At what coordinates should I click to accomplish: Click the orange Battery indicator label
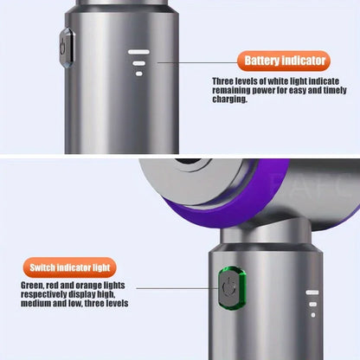click(285, 61)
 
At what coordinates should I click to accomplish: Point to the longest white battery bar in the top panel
click(138, 52)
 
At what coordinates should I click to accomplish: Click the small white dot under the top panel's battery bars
click(138, 74)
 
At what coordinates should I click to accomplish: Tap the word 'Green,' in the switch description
click(35, 286)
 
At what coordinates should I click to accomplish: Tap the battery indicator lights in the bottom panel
click(312, 304)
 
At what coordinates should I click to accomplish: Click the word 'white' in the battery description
click(294, 82)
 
